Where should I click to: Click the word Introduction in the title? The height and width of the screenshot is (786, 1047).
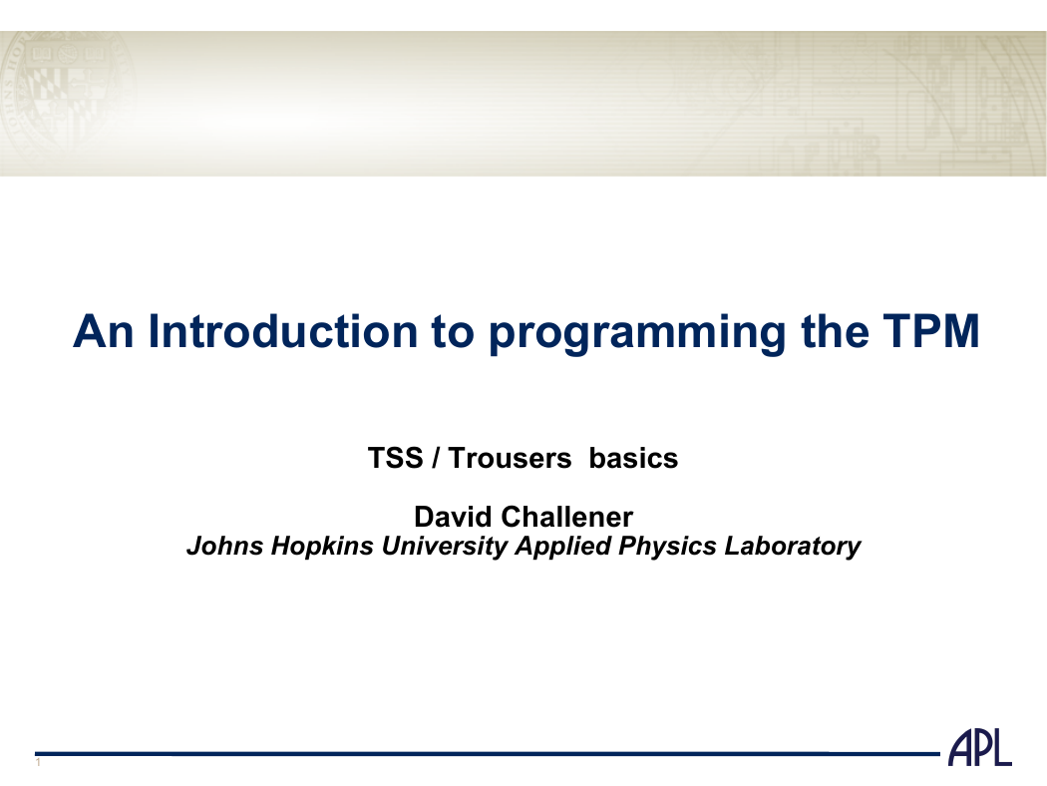(x=283, y=330)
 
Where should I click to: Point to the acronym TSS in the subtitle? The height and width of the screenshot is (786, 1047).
(x=395, y=458)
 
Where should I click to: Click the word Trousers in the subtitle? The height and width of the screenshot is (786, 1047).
(x=511, y=458)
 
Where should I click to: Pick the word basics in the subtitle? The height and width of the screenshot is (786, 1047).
(x=633, y=458)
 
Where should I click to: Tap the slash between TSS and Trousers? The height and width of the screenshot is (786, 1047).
(x=436, y=458)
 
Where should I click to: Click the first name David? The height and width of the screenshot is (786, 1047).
(x=454, y=517)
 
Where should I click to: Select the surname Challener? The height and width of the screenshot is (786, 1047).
(x=566, y=517)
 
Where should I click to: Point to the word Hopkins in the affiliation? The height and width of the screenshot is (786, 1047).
(x=322, y=547)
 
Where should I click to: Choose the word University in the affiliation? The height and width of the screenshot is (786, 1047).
(x=445, y=547)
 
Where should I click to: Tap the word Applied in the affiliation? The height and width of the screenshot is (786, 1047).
(x=563, y=547)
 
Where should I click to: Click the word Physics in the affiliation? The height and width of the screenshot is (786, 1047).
(x=668, y=547)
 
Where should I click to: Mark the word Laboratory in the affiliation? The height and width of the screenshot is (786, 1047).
(x=793, y=547)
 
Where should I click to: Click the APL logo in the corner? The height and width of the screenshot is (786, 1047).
(x=980, y=748)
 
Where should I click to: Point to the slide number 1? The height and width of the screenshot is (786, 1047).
(x=38, y=762)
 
